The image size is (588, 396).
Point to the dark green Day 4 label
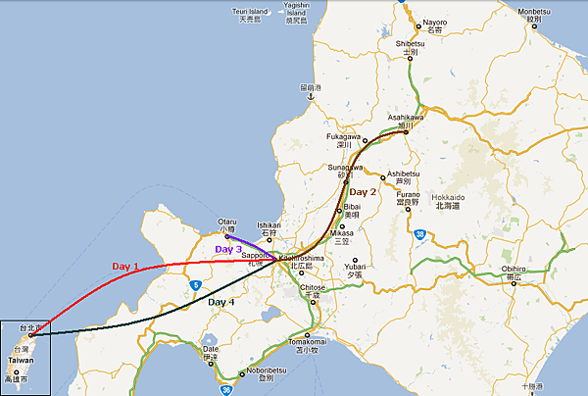tap(221, 302)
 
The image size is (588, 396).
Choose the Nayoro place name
tap(431, 24)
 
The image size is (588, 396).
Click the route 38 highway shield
tap(419, 234)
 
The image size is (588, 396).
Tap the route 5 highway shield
tap(197, 285)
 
